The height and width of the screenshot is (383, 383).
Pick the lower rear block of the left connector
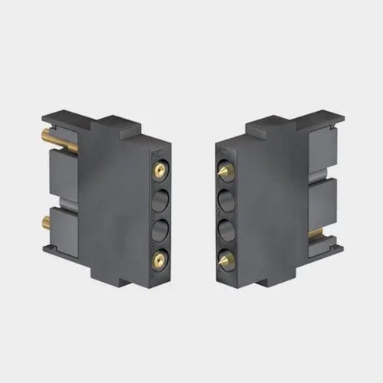(x=63, y=230)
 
